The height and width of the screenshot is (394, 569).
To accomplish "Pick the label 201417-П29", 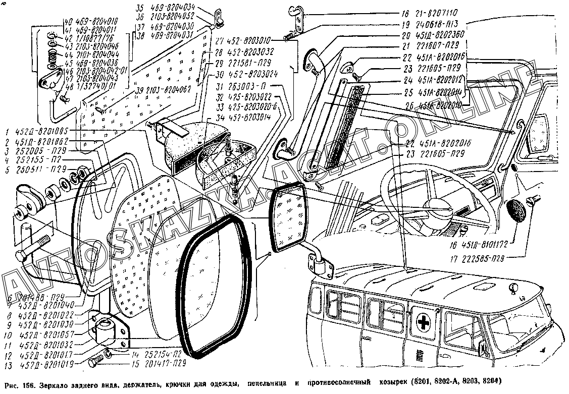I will point(156,362).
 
